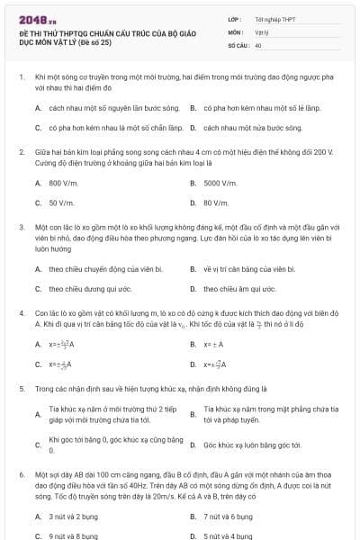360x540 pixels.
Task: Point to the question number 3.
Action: point(21,227)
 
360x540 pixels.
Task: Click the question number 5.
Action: point(21,389)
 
